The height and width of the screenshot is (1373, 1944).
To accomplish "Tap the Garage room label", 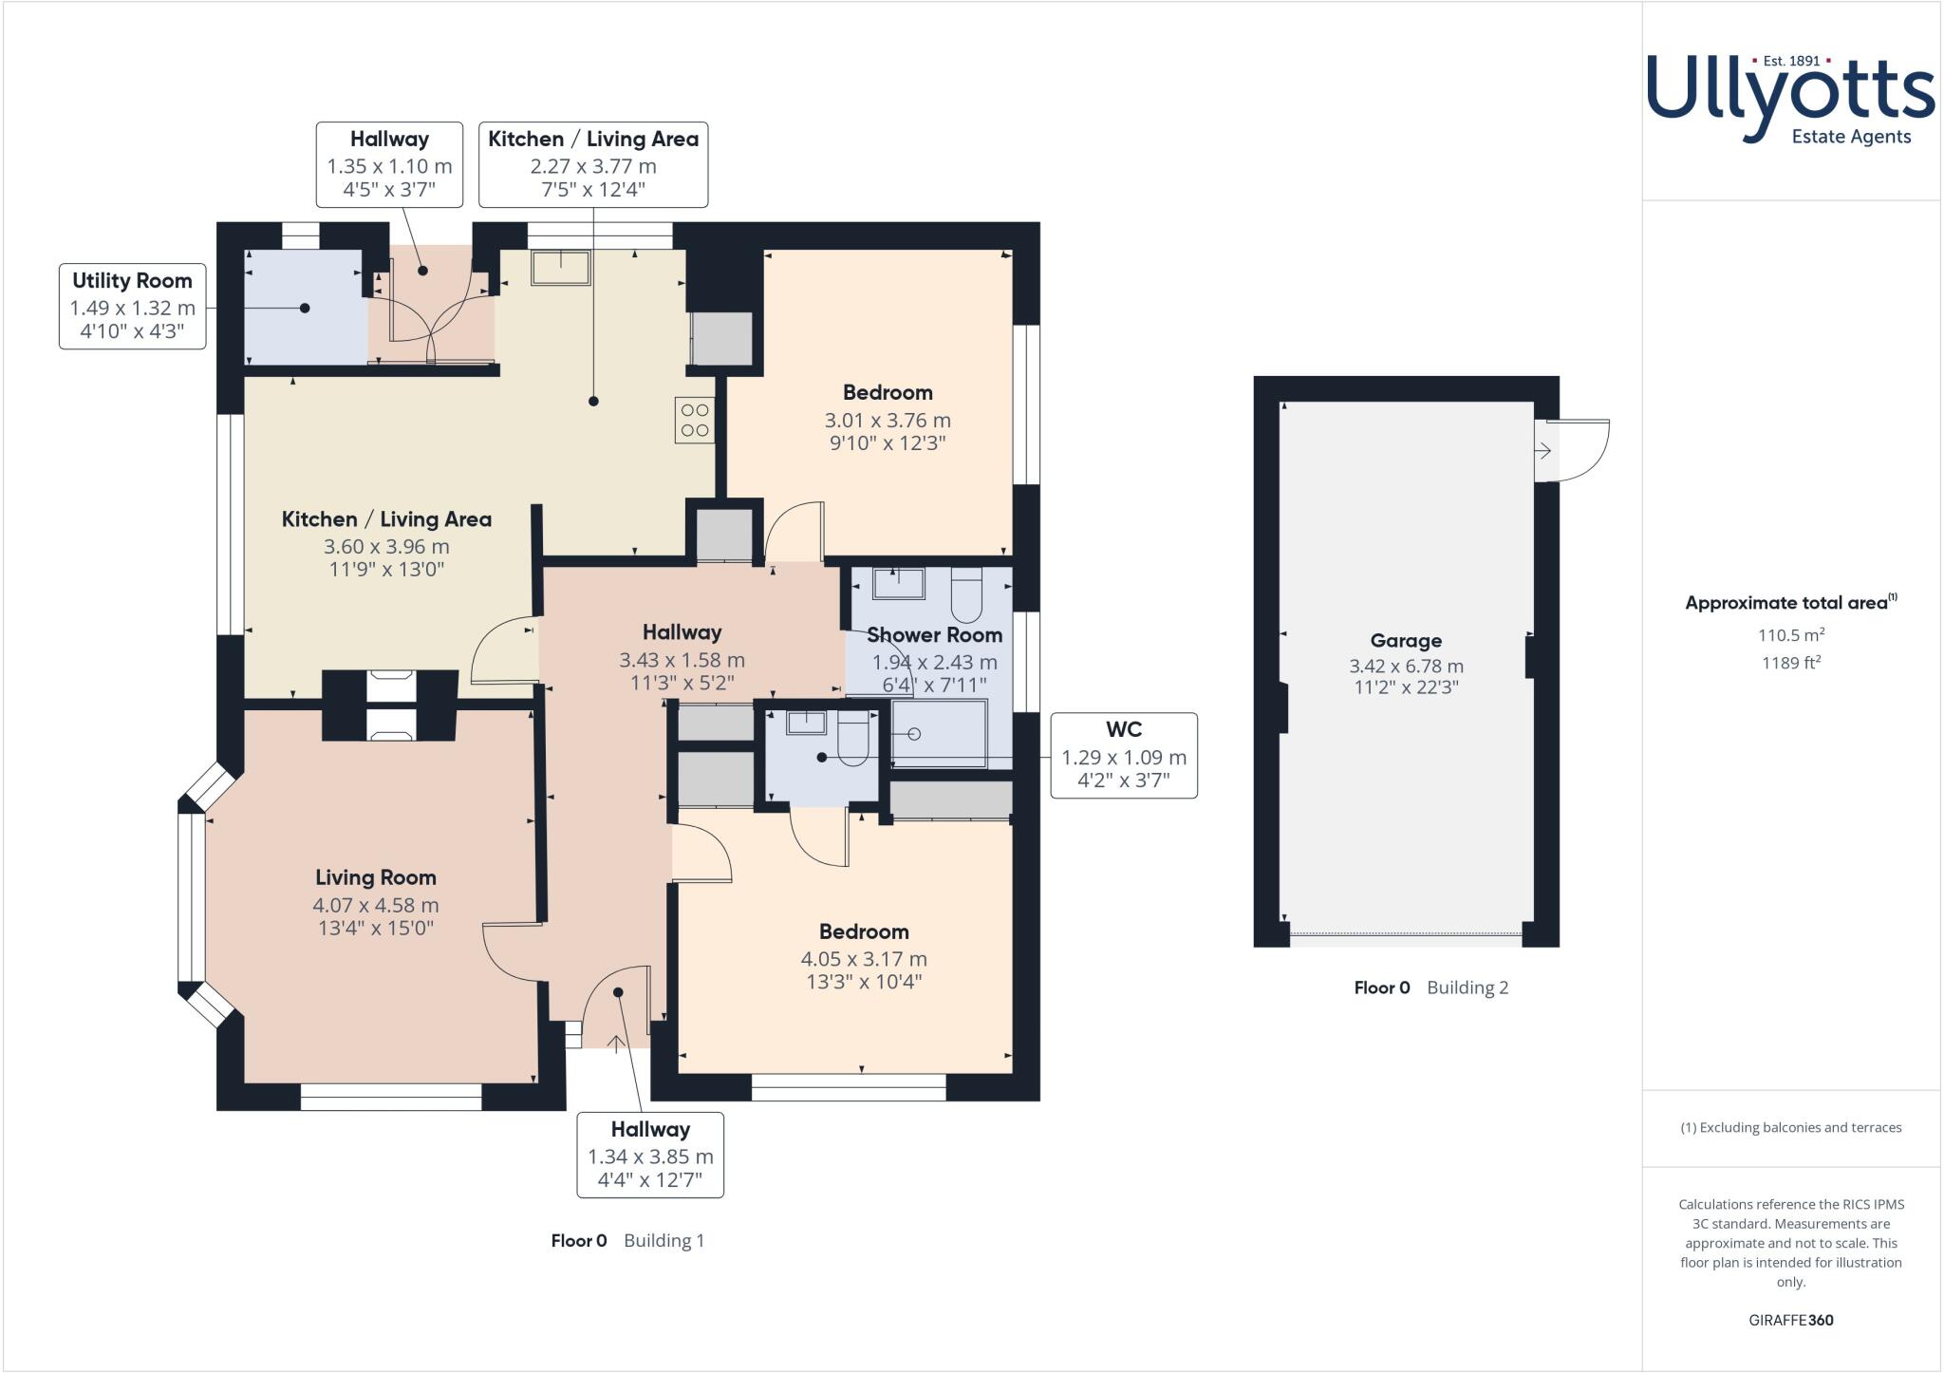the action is pos(1406,641).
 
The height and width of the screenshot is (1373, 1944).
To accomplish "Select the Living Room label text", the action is pos(376,877).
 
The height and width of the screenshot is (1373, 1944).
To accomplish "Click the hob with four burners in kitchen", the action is pos(695,420).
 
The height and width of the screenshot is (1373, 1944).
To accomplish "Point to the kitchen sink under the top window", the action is pos(560,268).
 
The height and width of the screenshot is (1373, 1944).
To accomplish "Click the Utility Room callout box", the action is pos(133,306).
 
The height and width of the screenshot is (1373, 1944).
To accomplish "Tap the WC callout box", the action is pos(1124,755).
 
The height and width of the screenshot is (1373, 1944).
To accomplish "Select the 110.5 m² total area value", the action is pos(1791,635).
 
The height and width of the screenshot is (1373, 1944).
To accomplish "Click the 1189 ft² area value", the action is pos(1791,663).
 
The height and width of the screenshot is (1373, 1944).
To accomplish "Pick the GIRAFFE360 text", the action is pos(1791,1320).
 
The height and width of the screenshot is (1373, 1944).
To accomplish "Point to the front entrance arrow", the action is pos(615,1044).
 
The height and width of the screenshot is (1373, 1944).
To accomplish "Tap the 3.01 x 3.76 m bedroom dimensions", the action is pos(888,420).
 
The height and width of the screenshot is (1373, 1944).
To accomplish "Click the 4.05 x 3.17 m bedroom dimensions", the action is pos(864,959).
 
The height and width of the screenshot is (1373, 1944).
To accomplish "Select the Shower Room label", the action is pos(934,634).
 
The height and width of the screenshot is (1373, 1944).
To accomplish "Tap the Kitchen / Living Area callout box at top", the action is pos(593,164).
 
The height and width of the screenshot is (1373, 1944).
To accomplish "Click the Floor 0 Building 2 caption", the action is pos(1430,987).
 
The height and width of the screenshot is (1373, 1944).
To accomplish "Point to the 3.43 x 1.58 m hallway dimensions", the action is pos(682,660).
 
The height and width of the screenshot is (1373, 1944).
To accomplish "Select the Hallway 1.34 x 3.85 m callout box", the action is pos(650,1155).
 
